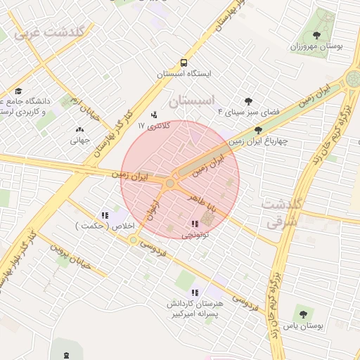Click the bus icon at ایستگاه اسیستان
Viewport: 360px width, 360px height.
click(x=184, y=62)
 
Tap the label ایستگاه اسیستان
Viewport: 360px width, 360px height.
click(x=184, y=73)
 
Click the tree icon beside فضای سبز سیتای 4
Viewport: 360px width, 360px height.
click(x=247, y=101)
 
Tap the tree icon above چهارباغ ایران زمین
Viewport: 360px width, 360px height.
click(x=259, y=130)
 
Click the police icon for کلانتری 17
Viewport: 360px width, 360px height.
click(x=155, y=115)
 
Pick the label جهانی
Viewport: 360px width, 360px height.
click(x=79, y=140)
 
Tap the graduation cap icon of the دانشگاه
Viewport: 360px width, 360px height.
click(x=18, y=91)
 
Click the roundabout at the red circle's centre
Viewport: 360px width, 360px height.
click(x=169, y=184)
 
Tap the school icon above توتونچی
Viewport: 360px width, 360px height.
click(x=194, y=224)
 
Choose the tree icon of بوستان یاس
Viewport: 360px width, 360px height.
click(x=303, y=314)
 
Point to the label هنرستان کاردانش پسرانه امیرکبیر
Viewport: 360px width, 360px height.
click(x=195, y=307)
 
